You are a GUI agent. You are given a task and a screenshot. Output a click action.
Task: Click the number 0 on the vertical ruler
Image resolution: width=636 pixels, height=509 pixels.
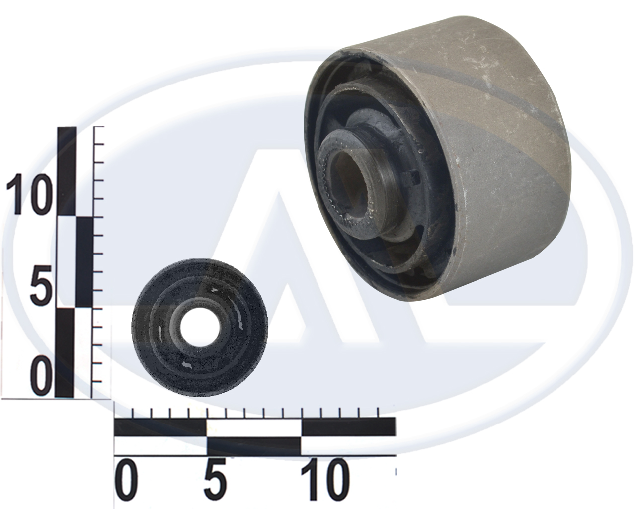click(43, 376)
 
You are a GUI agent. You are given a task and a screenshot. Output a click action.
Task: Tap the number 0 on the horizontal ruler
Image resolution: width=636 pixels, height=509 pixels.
click(126, 479)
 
